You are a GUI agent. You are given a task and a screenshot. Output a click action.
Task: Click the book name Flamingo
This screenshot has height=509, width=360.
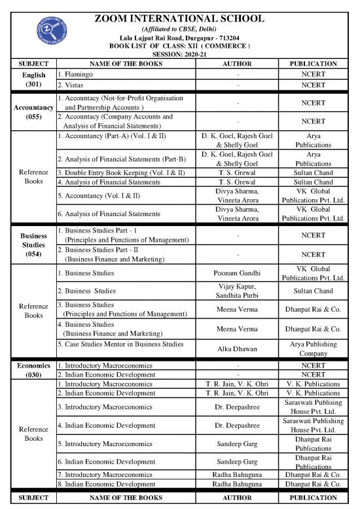[x=74, y=75]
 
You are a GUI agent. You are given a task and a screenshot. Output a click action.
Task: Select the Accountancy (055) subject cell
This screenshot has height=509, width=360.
[x=29, y=111]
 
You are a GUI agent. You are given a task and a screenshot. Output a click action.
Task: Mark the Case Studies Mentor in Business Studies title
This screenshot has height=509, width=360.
[x=120, y=344]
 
